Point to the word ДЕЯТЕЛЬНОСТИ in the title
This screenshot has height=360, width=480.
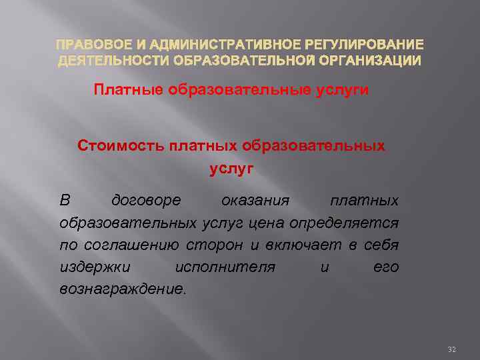click(113, 61)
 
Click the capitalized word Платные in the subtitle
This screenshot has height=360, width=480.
click(128, 90)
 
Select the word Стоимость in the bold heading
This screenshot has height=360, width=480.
click(120, 145)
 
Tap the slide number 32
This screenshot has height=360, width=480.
click(451, 349)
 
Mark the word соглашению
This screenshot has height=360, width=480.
click(126, 245)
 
